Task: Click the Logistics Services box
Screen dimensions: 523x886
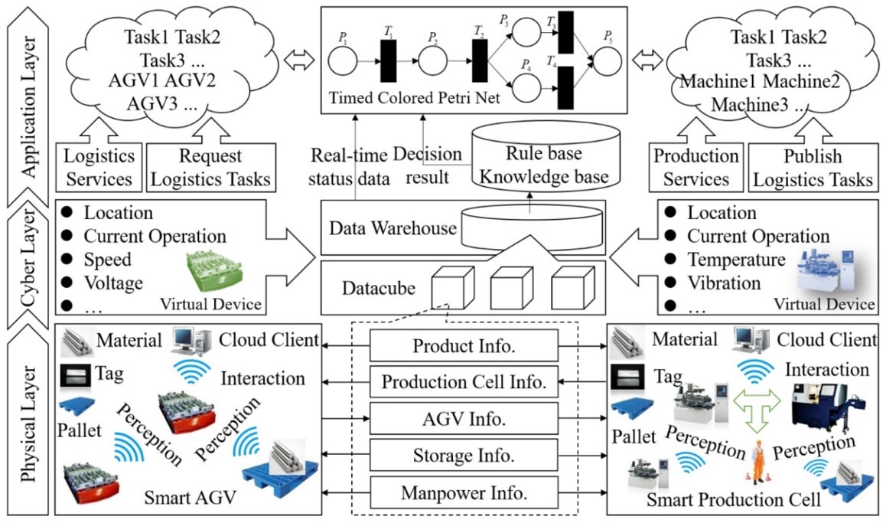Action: click(99, 168)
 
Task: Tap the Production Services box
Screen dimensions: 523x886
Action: click(696, 168)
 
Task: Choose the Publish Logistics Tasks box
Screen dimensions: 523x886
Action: click(813, 168)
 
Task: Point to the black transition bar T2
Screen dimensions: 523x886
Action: click(480, 62)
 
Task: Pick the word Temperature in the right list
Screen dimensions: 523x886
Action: click(735, 260)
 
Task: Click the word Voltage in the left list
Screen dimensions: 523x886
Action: click(113, 283)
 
